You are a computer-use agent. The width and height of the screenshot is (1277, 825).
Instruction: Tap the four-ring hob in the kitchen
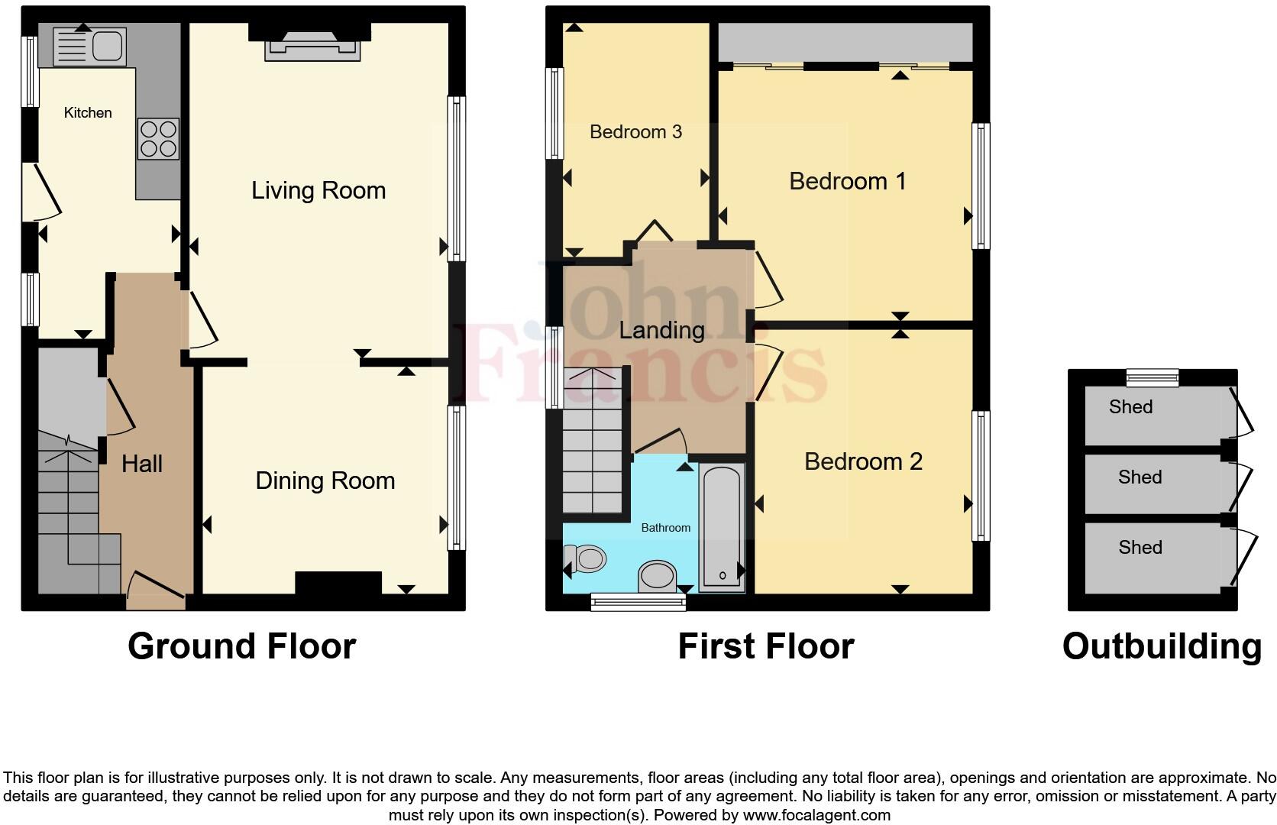tap(158, 139)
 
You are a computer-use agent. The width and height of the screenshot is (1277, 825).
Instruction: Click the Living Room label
tap(318, 190)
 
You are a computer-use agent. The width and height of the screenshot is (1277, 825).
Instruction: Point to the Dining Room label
tap(325, 480)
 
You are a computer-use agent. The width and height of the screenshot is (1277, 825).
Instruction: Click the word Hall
tap(142, 464)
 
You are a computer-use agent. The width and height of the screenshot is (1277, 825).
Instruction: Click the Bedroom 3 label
tap(635, 132)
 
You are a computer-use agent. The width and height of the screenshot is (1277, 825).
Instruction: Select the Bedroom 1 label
tap(847, 181)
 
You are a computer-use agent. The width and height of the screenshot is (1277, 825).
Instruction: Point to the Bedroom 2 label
tap(863, 461)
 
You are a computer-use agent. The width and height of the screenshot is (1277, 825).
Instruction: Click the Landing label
tap(661, 330)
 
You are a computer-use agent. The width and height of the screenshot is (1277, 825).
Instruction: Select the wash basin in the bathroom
tap(658, 576)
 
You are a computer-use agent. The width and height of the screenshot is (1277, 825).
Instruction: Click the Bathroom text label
tap(665, 528)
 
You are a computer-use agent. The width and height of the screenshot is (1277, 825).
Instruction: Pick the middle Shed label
tap(1140, 477)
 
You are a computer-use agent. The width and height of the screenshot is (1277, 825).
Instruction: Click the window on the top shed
tap(1153, 377)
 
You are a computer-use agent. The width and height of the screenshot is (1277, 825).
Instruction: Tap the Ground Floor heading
tap(241, 646)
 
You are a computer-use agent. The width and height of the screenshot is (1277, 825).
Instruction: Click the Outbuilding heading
tap(1162, 646)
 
